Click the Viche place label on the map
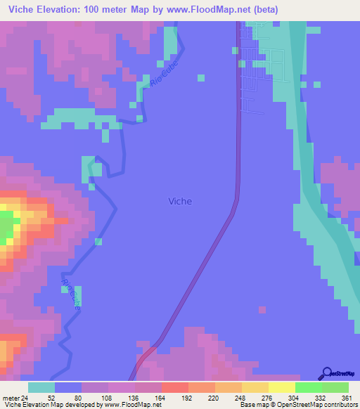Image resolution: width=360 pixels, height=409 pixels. point(180,202)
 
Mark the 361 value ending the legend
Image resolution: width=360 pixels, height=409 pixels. point(345,397)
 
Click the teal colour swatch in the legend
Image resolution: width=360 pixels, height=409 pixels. point(41,387)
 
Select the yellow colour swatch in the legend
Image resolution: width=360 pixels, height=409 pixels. point(282,387)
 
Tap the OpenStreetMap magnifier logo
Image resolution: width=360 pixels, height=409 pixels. point(327,372)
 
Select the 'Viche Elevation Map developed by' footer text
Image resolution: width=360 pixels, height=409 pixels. point(49,405)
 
